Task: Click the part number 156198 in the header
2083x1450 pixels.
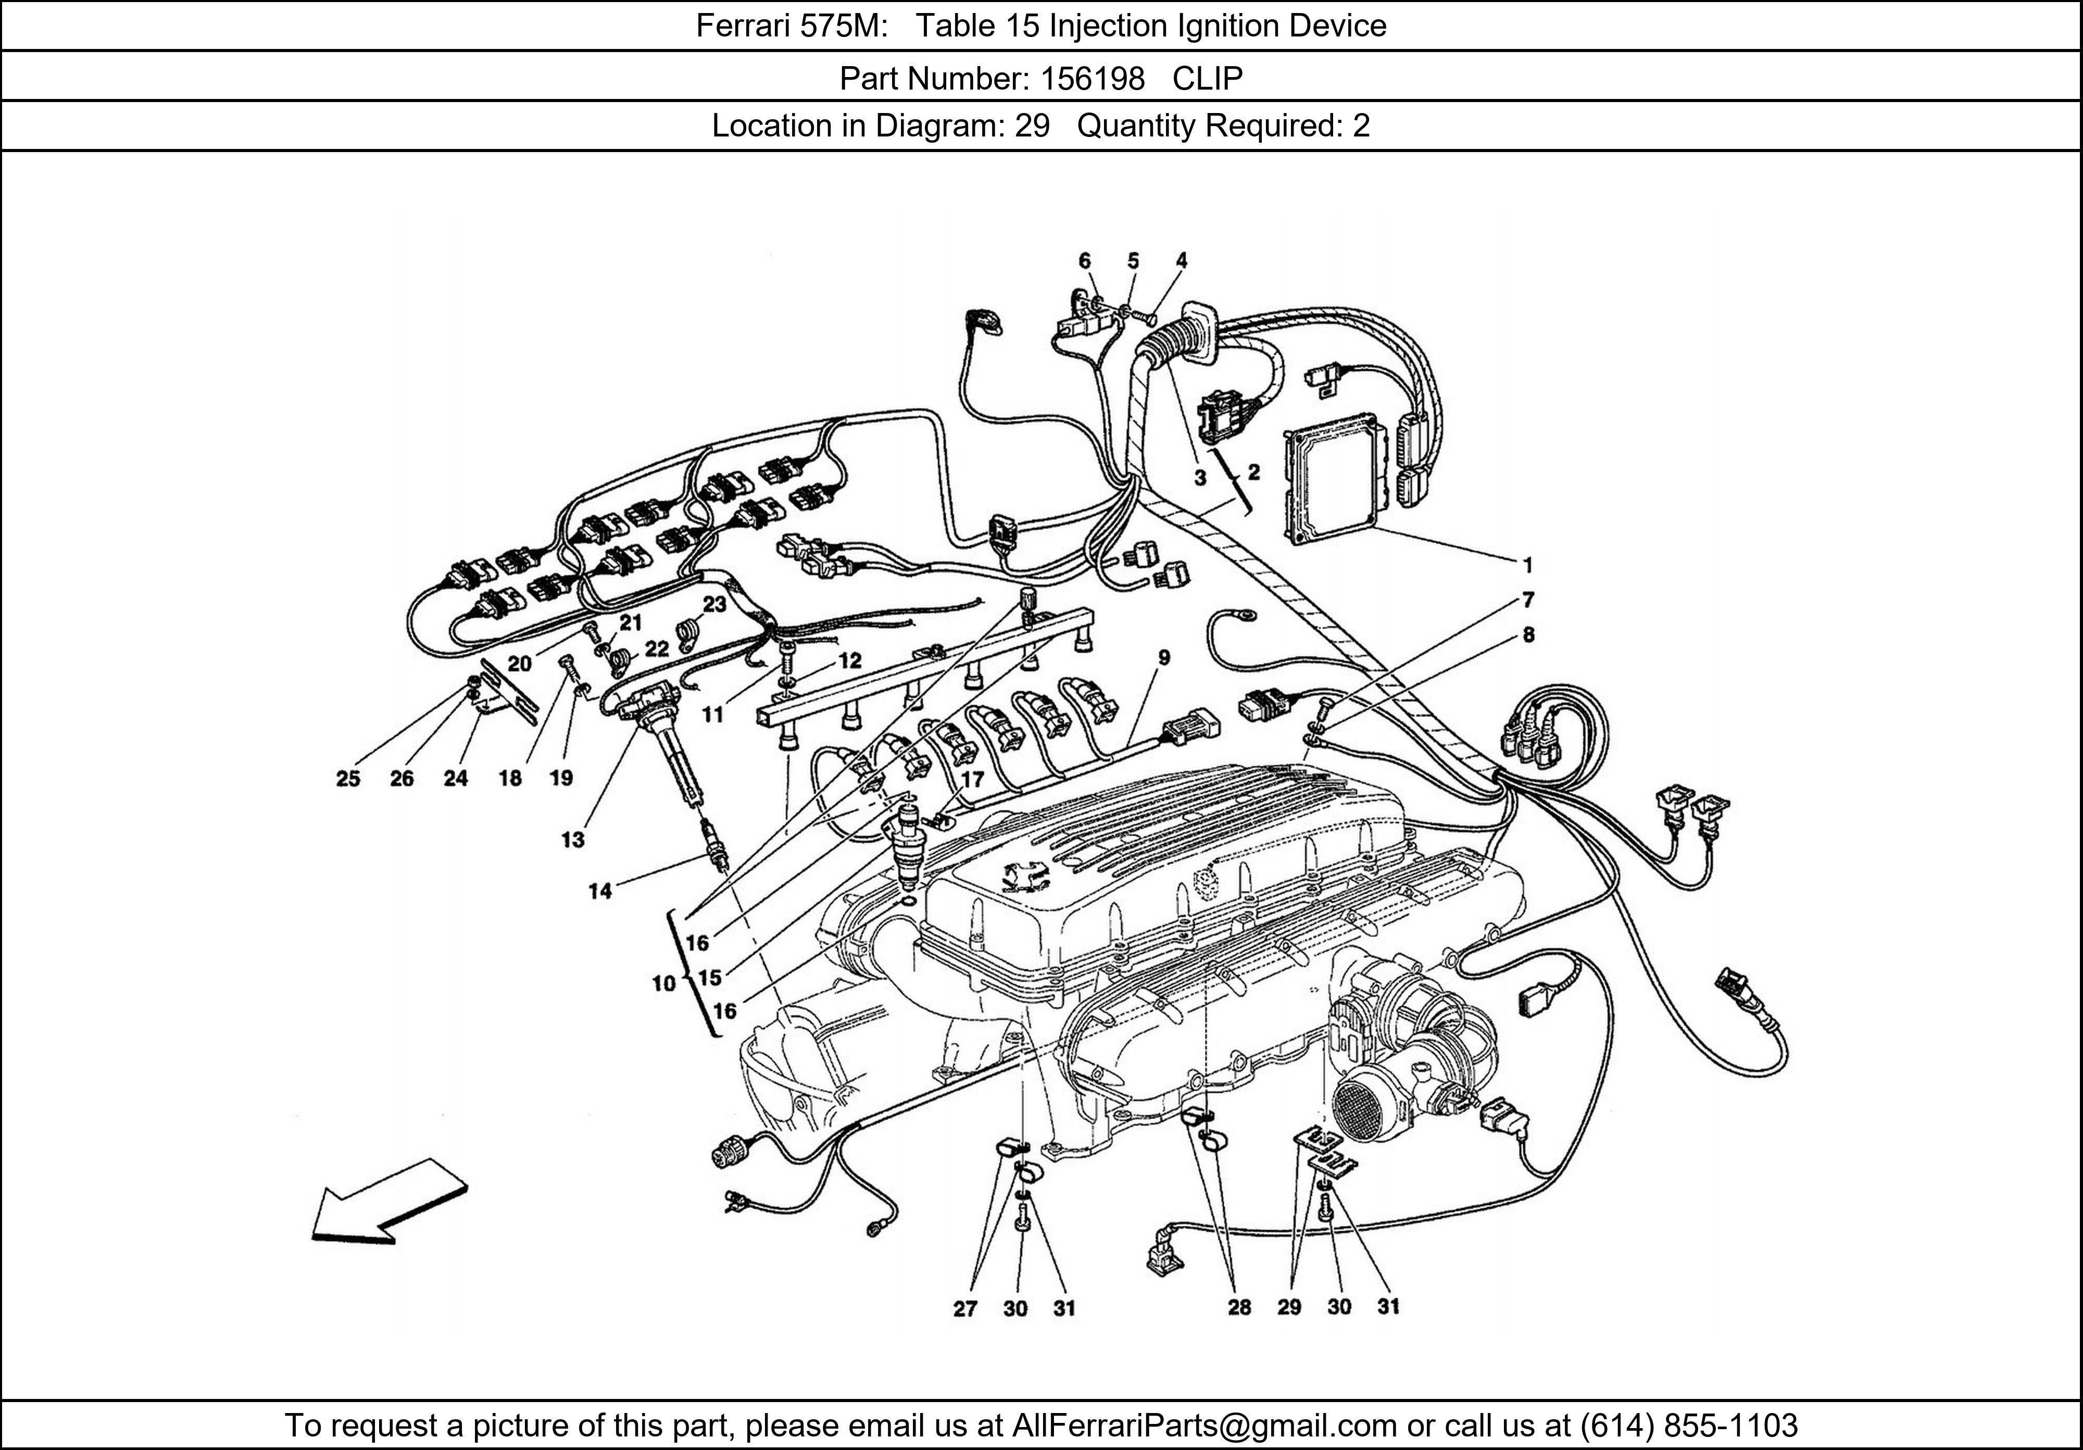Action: [x=1093, y=79]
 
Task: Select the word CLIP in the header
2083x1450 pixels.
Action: [x=1208, y=79]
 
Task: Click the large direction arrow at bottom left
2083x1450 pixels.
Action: [x=388, y=1202]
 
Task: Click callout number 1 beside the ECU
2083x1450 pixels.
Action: [x=1528, y=565]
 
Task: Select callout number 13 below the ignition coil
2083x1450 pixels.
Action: [x=572, y=840]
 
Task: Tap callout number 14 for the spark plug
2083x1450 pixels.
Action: [x=600, y=891]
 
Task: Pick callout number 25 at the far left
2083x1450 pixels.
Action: [x=347, y=779]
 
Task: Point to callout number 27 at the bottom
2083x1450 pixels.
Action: [x=965, y=1308]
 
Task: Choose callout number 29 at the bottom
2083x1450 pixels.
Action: [x=1289, y=1307]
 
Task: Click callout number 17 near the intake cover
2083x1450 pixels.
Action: [x=973, y=780]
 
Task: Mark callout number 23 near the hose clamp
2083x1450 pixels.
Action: [x=715, y=604]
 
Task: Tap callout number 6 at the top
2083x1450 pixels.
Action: [x=1085, y=260]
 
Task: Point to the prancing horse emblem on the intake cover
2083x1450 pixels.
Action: [x=1025, y=877]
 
